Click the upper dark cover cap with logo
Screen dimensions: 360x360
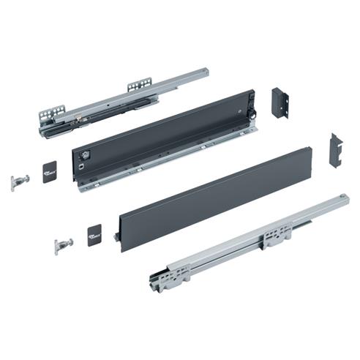click(x=50, y=171)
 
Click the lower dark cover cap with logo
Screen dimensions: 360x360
click(x=95, y=235)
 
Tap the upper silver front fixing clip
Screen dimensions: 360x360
click(x=20, y=181)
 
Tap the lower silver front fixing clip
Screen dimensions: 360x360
click(x=64, y=245)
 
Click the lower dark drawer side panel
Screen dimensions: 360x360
click(x=212, y=198)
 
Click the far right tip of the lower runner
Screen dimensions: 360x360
click(x=346, y=198)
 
